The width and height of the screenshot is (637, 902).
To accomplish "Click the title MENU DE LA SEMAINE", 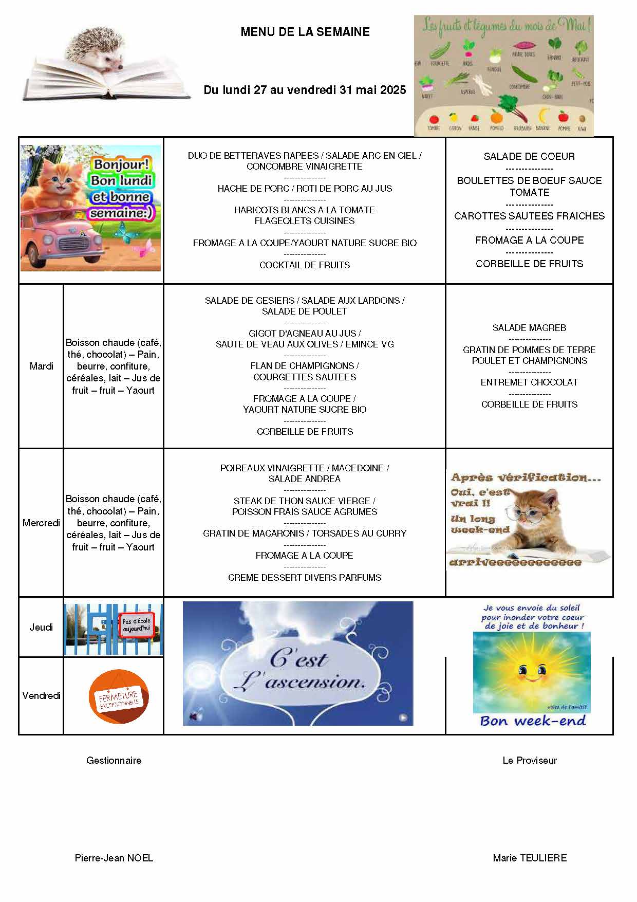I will coord(305,32).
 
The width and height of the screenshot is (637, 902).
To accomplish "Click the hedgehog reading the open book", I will coord(105,54).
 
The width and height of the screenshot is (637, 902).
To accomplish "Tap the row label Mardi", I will coord(41,366).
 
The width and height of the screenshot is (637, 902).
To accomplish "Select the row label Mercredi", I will coord(41,523).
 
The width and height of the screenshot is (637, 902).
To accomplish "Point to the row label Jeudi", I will coord(41,627).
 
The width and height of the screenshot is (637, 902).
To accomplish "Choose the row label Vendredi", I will coord(41,695).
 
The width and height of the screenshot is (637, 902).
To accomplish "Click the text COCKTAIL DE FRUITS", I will coord(305,265).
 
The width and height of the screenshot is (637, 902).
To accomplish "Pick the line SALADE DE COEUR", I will coord(529,156).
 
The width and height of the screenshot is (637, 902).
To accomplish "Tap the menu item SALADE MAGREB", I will coord(529,328).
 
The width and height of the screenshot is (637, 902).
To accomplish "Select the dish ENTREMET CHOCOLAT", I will coord(529,382).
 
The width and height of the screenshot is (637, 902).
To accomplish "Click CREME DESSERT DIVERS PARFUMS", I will coord(305,578).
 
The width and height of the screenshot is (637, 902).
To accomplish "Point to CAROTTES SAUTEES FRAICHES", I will coord(529,216).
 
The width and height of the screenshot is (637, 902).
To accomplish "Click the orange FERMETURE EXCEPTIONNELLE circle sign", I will coord(119,697).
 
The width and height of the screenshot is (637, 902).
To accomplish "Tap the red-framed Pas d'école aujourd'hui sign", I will coord(136,625).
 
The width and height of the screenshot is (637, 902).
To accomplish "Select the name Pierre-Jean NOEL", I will coord(114,858).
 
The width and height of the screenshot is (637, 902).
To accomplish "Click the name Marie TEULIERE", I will coord(530,858).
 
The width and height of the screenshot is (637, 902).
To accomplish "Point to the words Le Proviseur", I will coord(530,760).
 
